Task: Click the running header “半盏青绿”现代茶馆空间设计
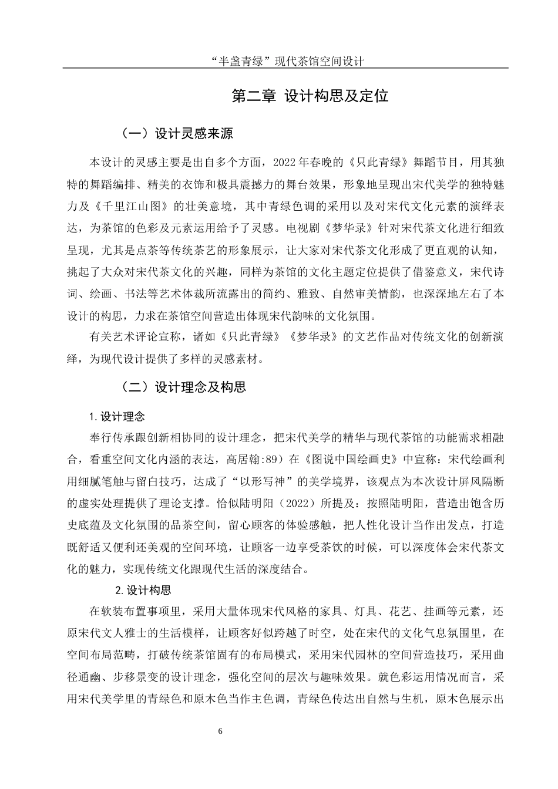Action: click(286, 61)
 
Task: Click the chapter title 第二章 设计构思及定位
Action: click(310, 96)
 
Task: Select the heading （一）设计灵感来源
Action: click(177, 133)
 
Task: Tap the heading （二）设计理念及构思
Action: click(183, 387)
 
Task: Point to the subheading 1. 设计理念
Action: click(116, 417)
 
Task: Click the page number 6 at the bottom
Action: click(220, 731)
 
